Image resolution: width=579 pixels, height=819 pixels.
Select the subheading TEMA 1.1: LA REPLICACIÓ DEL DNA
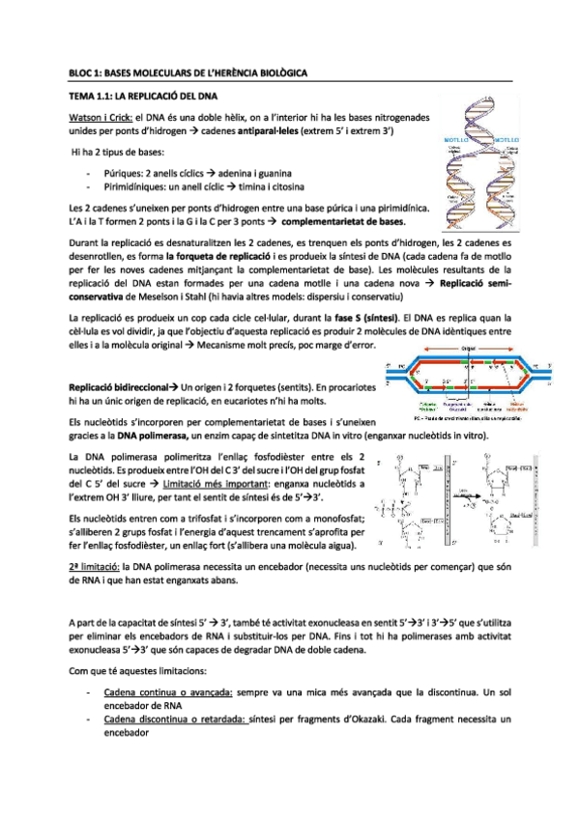point(143,97)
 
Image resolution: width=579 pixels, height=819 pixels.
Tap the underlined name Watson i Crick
point(98,115)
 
